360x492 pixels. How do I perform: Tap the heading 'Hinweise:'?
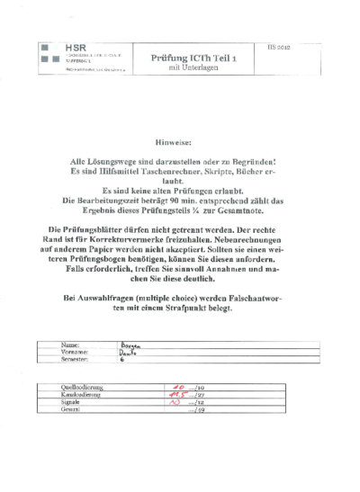[x=180, y=142]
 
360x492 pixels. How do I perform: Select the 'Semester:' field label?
[x=75, y=359]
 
